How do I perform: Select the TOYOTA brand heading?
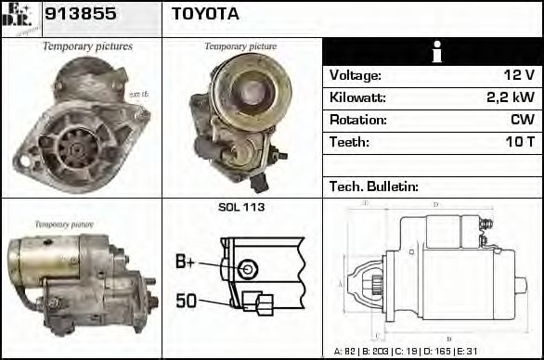point(205,14)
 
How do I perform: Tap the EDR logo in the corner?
point(19,17)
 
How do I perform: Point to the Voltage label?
point(355,75)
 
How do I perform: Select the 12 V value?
point(519,75)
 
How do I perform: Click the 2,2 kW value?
point(511,97)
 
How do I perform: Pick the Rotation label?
point(356,120)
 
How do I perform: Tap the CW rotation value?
point(522,120)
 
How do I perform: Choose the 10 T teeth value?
point(518,142)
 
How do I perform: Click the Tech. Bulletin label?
point(371,186)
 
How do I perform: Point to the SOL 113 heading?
point(241,207)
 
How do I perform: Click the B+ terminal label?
point(185,263)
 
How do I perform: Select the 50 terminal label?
point(186,300)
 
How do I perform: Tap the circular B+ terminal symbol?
point(246,269)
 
